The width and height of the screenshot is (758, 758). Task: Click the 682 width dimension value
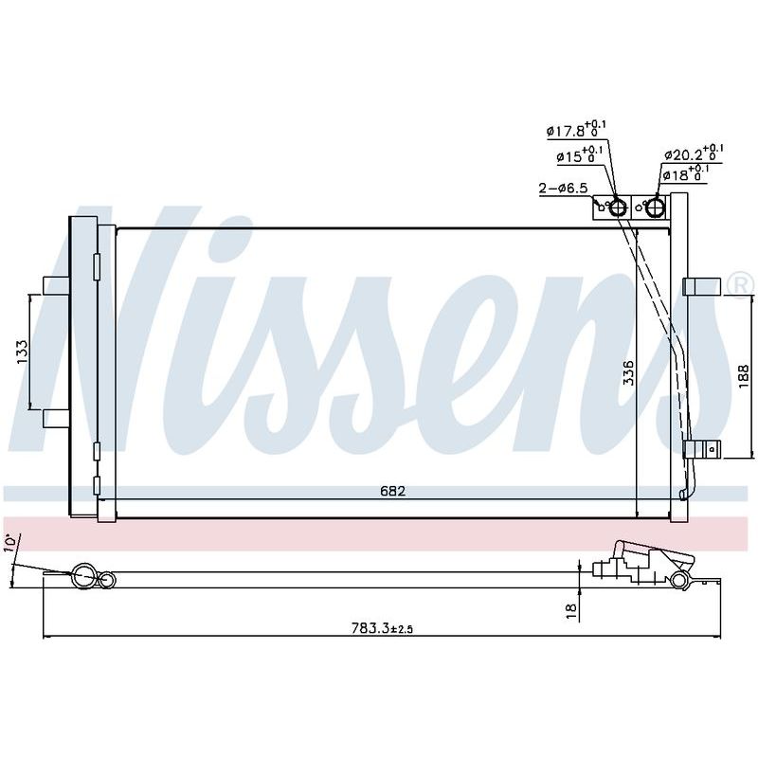[392, 491]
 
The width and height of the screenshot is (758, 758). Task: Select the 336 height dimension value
[628, 372]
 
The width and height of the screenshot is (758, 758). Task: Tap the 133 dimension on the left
[22, 352]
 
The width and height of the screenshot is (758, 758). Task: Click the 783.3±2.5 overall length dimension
[382, 628]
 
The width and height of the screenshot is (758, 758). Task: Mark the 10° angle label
[10, 542]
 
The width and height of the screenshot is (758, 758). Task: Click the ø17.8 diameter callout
[576, 130]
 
